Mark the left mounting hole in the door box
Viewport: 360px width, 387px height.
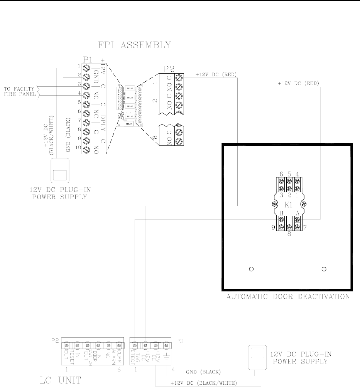click(x=251, y=269)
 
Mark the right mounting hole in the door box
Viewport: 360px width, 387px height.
click(x=324, y=269)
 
